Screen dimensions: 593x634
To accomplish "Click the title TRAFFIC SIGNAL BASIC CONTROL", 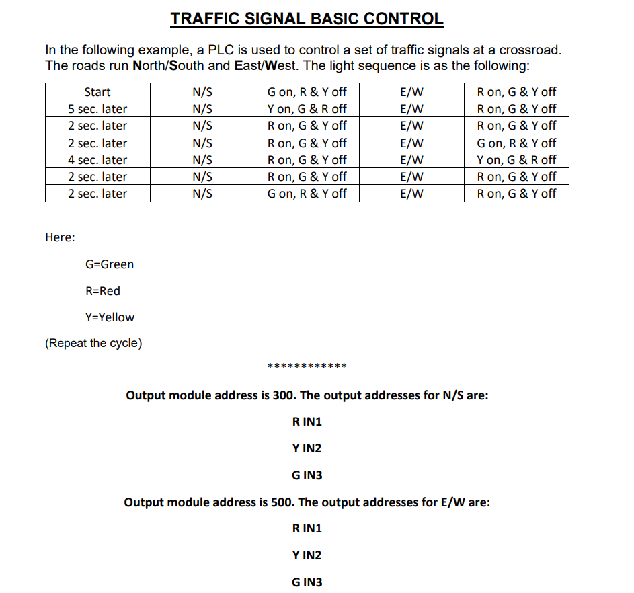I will [307, 18].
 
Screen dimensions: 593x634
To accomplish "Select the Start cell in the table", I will [97, 92].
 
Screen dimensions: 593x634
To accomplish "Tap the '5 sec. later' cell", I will [97, 109].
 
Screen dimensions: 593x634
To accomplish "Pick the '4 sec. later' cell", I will [97, 160].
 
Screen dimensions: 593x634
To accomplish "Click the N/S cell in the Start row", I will [202, 92].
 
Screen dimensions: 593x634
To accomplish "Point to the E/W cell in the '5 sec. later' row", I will [411, 109].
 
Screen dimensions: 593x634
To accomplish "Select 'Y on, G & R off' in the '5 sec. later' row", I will [307, 109].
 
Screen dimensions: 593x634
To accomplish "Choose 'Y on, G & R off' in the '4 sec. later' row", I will [516, 160].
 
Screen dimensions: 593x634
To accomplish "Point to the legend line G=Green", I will [110, 264].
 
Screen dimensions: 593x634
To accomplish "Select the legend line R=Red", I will [103, 291].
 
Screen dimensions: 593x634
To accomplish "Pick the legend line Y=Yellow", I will [110, 317].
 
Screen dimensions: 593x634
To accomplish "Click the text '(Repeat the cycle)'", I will [93, 344].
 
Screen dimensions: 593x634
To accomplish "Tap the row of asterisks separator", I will [307, 367].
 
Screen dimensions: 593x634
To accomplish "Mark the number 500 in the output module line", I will [282, 502].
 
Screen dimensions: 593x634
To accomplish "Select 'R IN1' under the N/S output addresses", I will [307, 422].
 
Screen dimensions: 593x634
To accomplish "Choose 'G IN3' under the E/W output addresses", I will [307, 582].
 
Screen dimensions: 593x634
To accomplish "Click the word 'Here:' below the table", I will [60, 237].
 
